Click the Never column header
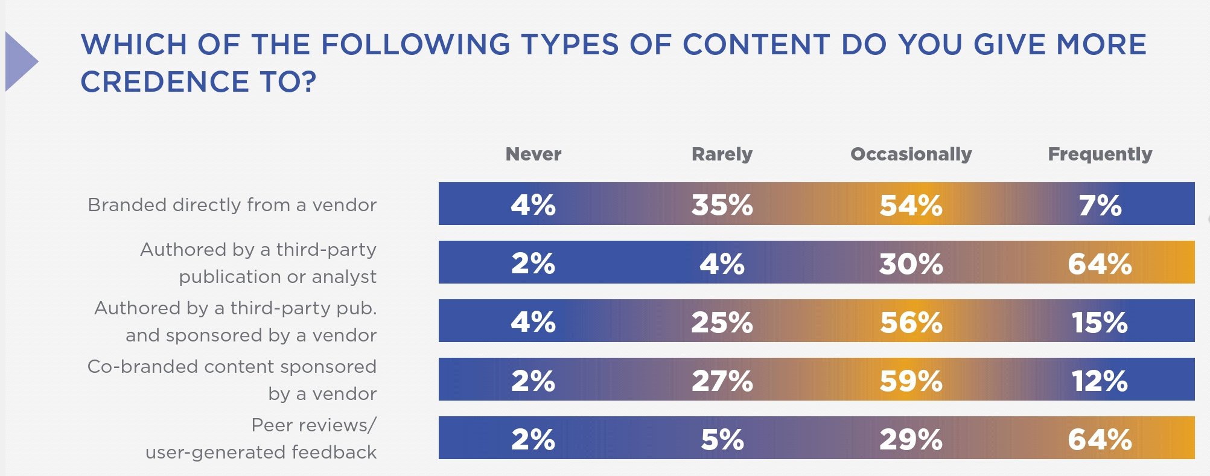pyautogui.click(x=533, y=154)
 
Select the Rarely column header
pyautogui.click(x=722, y=154)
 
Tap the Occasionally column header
pyautogui.click(x=911, y=154)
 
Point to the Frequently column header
pyautogui.click(x=1100, y=154)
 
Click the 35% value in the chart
pyautogui.click(x=722, y=205)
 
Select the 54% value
pyautogui.click(x=911, y=205)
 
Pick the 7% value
pyautogui.click(x=1100, y=205)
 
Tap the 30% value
pyautogui.click(x=911, y=264)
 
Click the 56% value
pyautogui.click(x=911, y=322)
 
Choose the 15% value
pyautogui.click(x=1100, y=322)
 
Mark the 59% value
pyautogui.click(x=911, y=381)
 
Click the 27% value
pyautogui.click(x=722, y=381)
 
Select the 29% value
pyautogui.click(x=911, y=439)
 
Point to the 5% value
pyautogui.click(x=722, y=439)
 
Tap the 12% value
pyautogui.click(x=1100, y=381)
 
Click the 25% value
pyautogui.click(x=722, y=322)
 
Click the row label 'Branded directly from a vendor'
pyautogui.click(x=232, y=205)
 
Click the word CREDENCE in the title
pyautogui.click(x=165, y=82)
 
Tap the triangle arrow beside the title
pyautogui.click(x=20, y=62)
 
